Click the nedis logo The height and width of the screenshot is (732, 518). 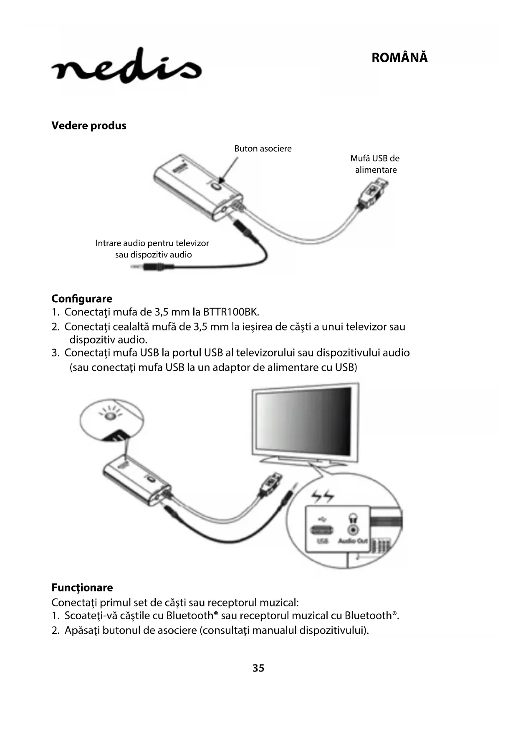point(126,67)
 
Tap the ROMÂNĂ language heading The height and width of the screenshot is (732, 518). point(399,58)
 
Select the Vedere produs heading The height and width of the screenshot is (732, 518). point(88,126)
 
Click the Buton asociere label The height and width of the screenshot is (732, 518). point(263,149)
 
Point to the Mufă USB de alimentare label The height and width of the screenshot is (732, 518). point(375,164)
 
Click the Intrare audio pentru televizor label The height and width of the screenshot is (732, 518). point(152,243)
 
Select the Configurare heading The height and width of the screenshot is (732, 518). point(82,299)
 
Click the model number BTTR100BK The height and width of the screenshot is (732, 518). point(231,312)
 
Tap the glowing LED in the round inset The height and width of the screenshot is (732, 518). point(110,416)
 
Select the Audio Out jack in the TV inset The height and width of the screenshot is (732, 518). point(353,530)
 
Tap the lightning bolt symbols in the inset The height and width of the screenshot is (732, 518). point(323,497)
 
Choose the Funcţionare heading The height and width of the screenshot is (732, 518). point(82,588)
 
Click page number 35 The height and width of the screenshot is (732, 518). point(258,668)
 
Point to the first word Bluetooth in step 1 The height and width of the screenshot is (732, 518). point(190,616)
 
